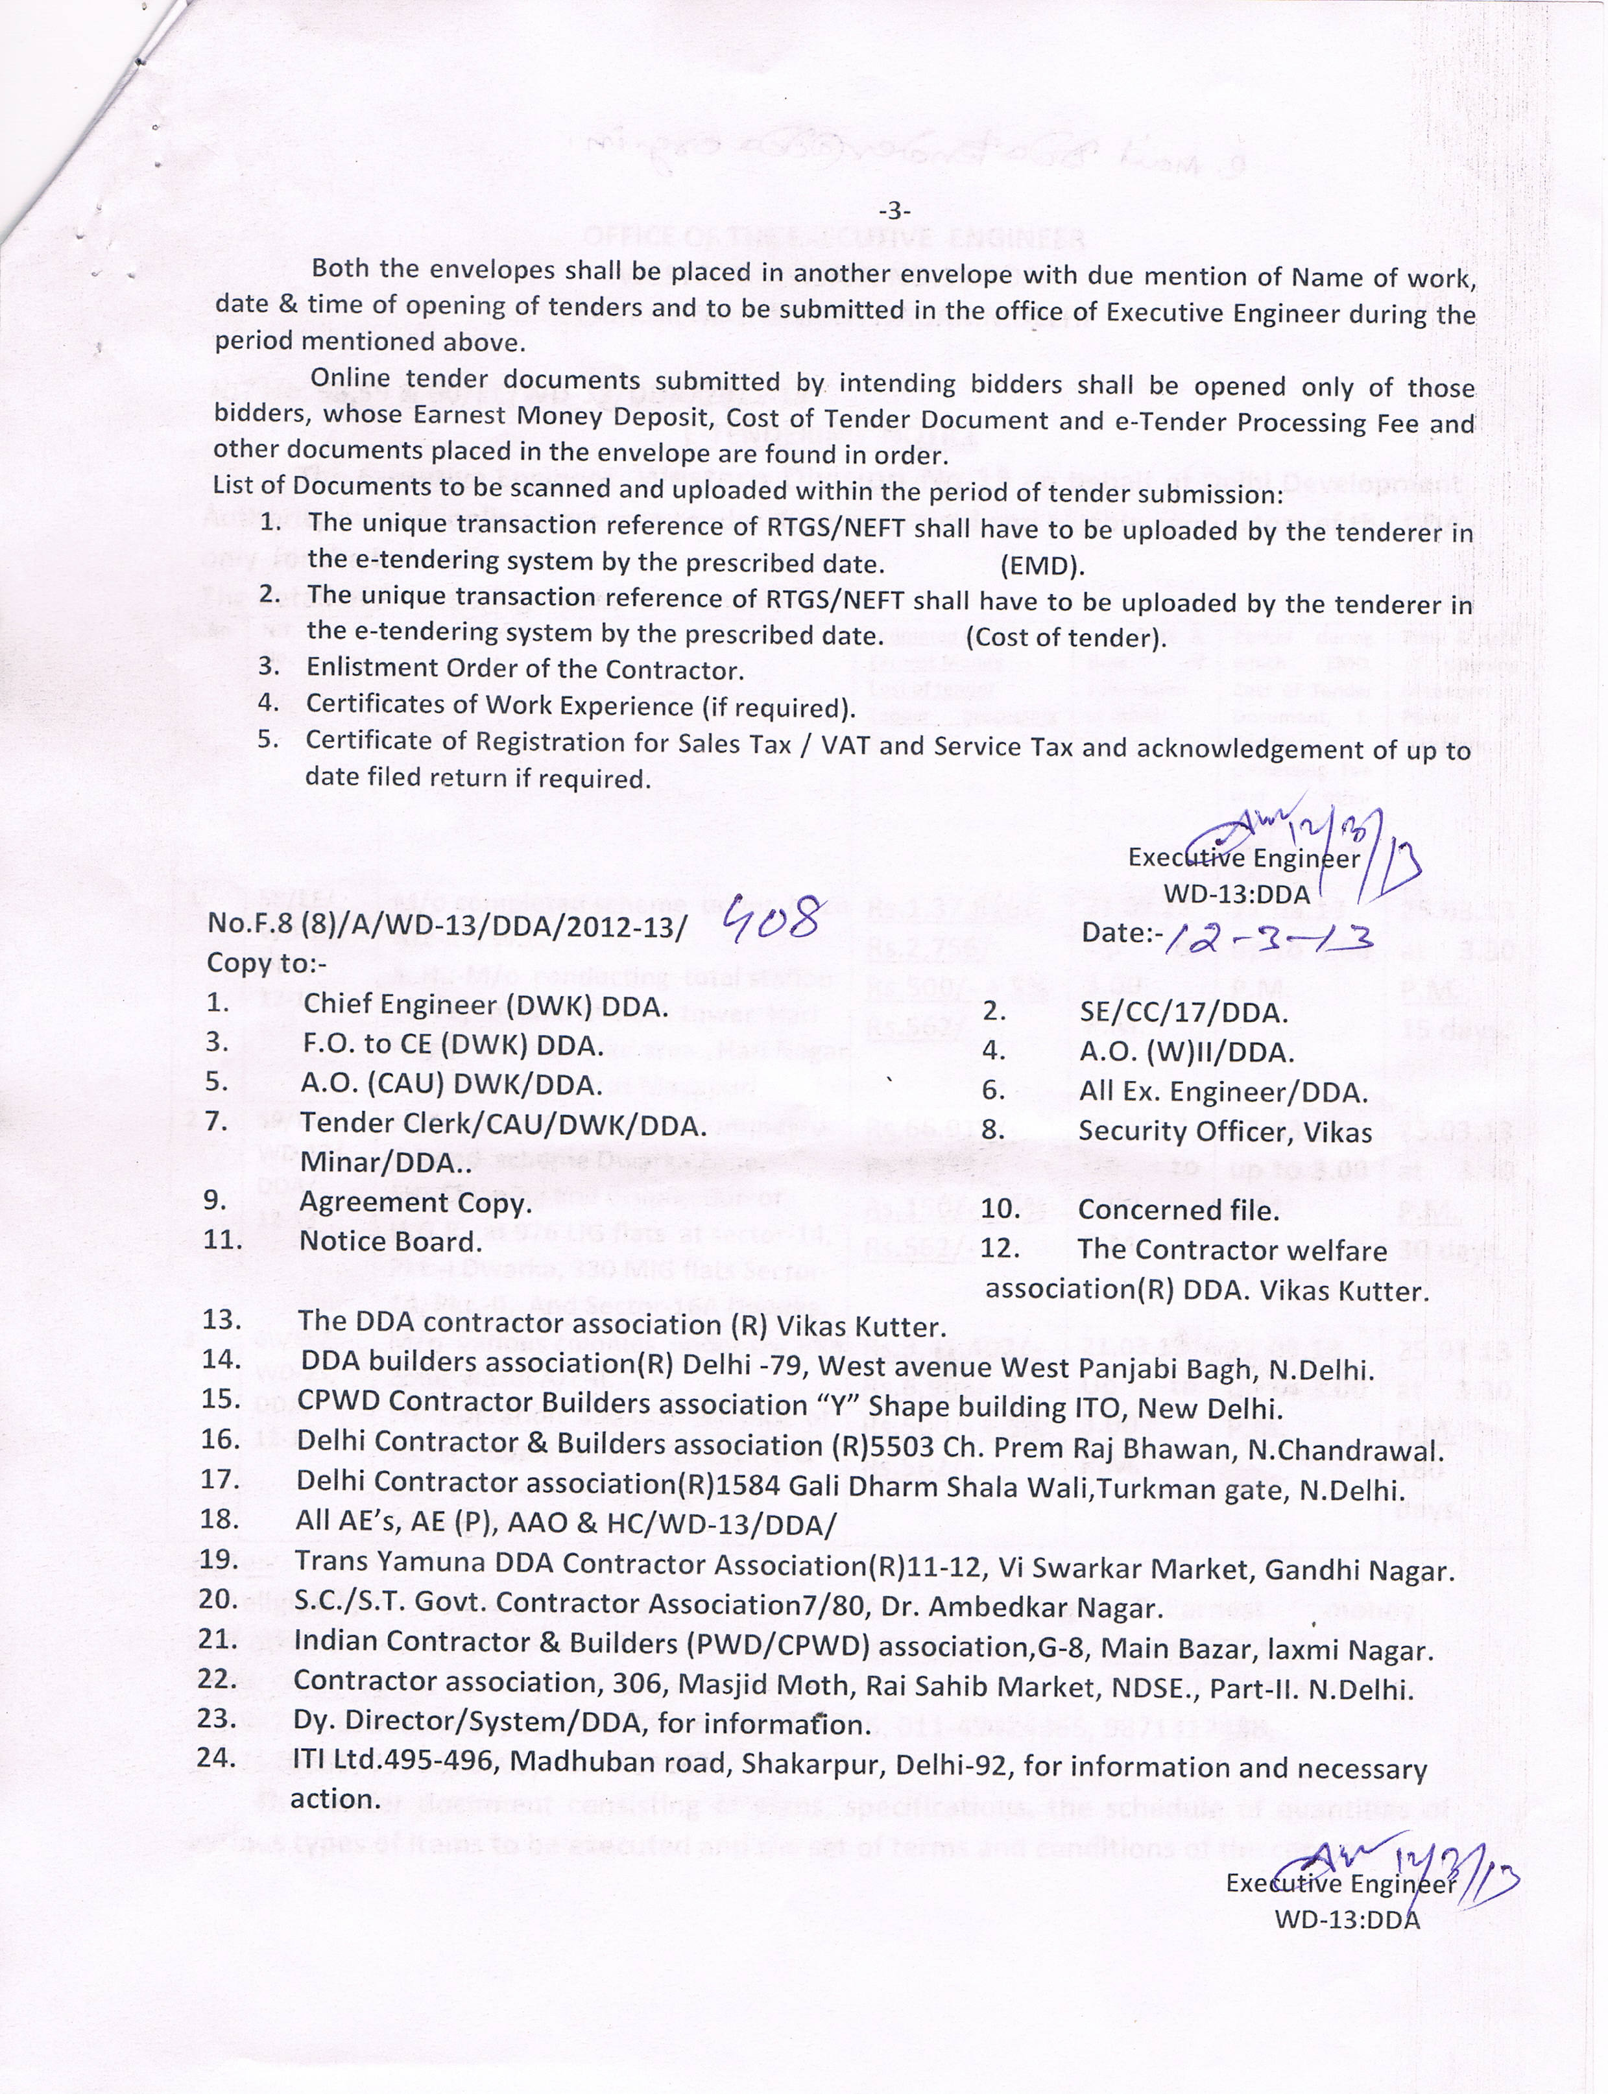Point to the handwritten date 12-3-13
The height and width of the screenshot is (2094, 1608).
click(1267, 929)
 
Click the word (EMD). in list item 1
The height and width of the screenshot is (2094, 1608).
click(1042, 567)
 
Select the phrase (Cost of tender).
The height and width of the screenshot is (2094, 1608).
click(1066, 637)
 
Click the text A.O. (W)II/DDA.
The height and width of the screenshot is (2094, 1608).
click(1187, 1052)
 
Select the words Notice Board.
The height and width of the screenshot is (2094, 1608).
click(390, 1241)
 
